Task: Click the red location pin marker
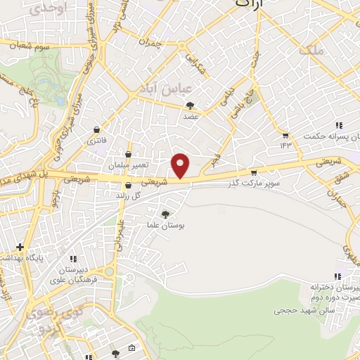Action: tap(181, 165)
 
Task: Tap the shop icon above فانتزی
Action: tap(96, 130)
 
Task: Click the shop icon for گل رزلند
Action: tap(127, 186)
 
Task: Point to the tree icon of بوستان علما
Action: tap(166, 215)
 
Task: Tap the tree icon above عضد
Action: tap(190, 105)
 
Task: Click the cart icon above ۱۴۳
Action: tap(285, 136)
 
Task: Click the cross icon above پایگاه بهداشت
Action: tap(20, 247)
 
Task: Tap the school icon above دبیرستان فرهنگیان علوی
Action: tap(74, 258)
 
